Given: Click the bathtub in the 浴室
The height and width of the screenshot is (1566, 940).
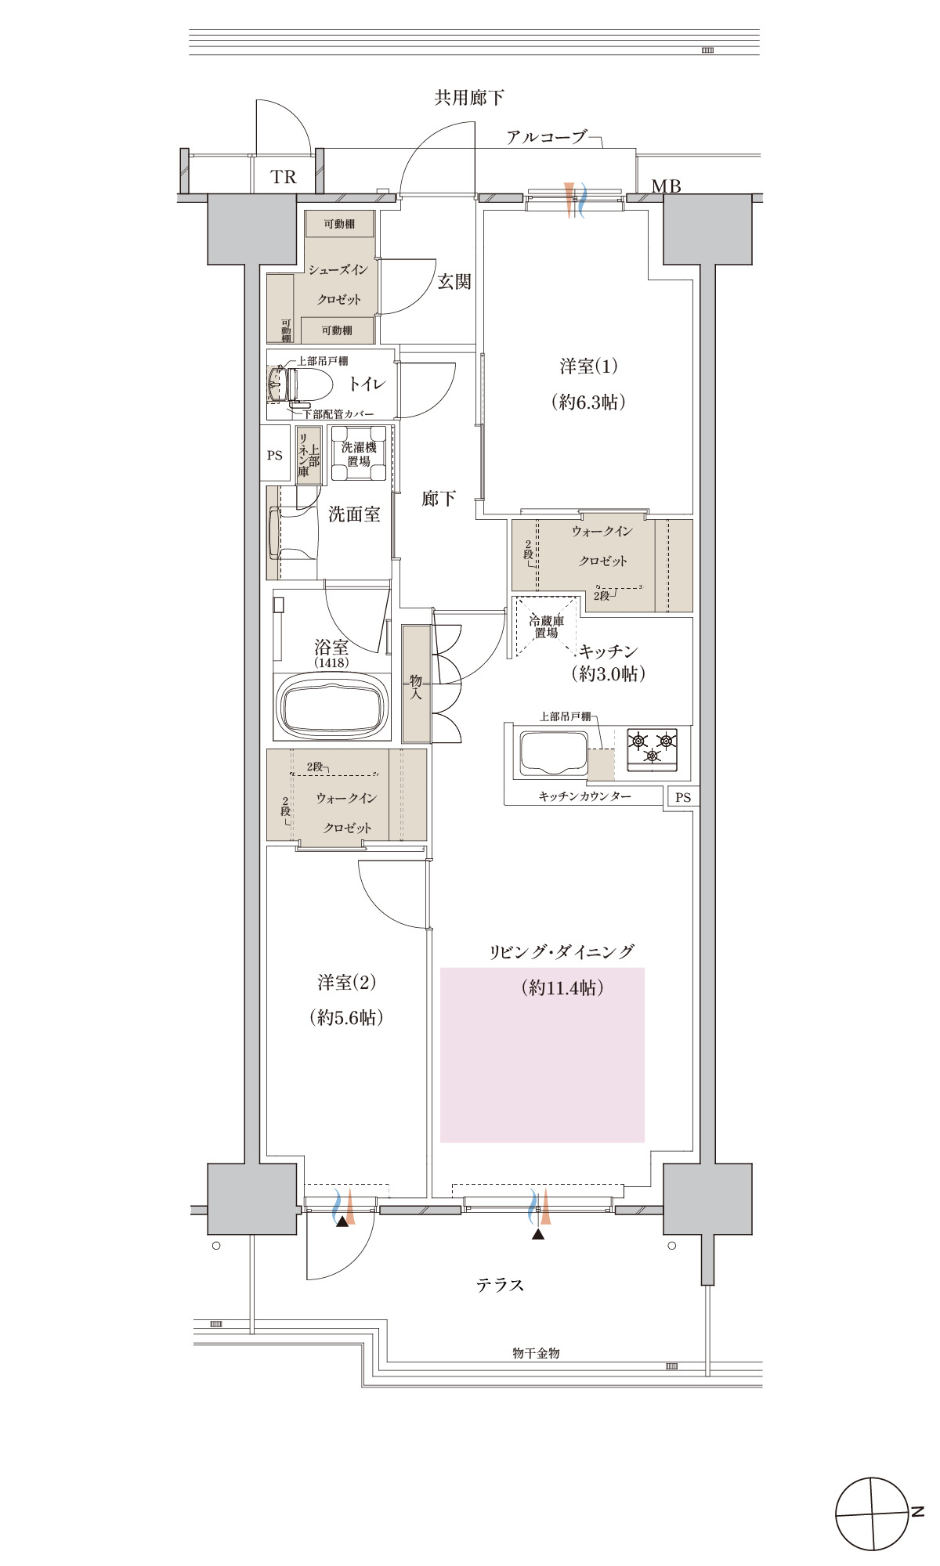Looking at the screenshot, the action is click(x=333, y=705).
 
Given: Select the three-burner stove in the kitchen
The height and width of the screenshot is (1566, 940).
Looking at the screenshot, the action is click(x=653, y=746).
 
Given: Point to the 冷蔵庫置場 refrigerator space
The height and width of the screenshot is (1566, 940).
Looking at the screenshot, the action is click(x=546, y=627).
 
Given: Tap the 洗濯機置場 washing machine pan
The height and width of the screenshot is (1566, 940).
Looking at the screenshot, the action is click(x=359, y=453).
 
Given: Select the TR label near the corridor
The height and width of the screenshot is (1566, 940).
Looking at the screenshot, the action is click(x=284, y=177).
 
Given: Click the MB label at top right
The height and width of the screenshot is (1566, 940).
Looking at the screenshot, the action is click(x=667, y=186).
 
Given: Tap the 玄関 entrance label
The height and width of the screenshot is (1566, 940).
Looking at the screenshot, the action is click(x=454, y=281).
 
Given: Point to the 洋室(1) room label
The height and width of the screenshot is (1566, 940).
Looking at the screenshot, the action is click(x=588, y=366).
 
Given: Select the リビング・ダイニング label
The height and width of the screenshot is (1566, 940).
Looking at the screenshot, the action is click(x=562, y=952).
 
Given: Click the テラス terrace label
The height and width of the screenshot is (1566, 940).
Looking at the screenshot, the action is click(x=500, y=1285).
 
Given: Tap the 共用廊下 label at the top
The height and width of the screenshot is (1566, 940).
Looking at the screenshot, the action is click(x=469, y=98).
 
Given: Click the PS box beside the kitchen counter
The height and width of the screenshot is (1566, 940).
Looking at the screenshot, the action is click(x=683, y=797).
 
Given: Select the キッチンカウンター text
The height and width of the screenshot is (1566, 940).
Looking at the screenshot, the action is click(x=584, y=796).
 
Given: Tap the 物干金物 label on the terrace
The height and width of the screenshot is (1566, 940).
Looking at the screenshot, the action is click(x=536, y=1352).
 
